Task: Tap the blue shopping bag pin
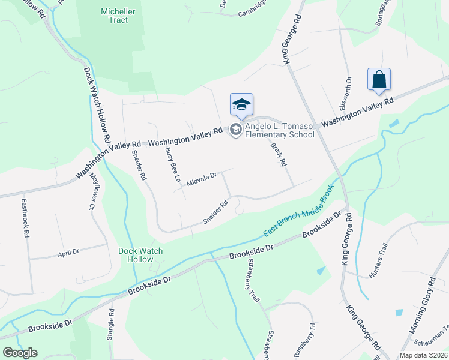pyautogui.click(x=379, y=80)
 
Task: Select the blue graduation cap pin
pyautogui.click(x=241, y=105)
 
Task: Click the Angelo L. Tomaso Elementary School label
pyautogui.click(x=279, y=130)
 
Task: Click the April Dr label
pyautogui.click(x=68, y=253)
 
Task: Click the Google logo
pyautogui.click(x=20, y=353)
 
